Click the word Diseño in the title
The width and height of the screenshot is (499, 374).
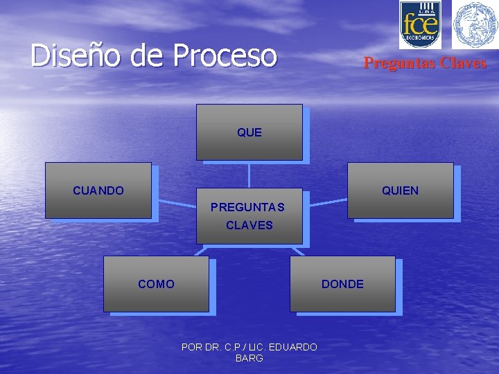[76, 56]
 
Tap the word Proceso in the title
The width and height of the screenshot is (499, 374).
[225, 56]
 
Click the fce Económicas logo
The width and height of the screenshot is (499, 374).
[420, 24]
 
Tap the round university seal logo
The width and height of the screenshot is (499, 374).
[475, 24]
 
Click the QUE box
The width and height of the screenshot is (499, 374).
[249, 132]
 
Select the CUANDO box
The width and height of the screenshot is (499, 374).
[98, 190]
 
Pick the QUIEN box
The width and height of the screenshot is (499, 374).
[400, 190]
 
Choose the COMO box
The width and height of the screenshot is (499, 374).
[156, 284]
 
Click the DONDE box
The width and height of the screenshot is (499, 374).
[342, 284]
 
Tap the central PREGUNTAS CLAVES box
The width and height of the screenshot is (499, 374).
[249, 215]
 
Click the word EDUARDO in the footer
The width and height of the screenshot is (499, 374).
[293, 347]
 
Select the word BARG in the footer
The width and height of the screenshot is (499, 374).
[249, 358]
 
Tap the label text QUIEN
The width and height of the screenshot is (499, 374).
[400, 190]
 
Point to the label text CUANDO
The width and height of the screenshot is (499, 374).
[98, 190]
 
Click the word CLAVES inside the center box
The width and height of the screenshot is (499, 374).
[249, 225]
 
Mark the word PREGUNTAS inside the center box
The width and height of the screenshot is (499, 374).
[247, 207]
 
